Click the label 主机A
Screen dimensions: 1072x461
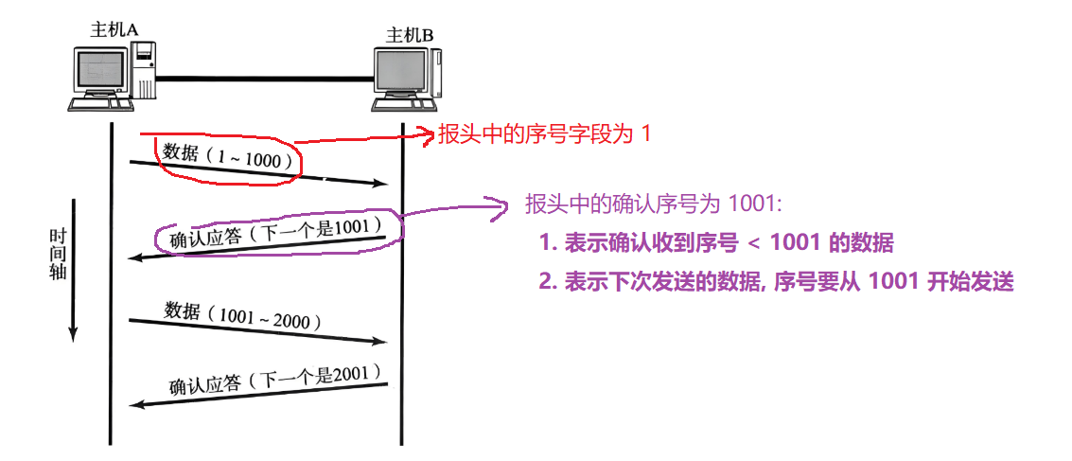click(114, 29)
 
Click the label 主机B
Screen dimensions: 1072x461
click(410, 36)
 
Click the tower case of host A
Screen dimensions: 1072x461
click(143, 70)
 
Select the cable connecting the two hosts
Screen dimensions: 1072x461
click(265, 77)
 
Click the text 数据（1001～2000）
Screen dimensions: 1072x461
click(243, 315)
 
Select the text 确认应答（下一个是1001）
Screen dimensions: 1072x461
click(274, 233)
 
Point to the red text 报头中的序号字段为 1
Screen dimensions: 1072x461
click(544, 134)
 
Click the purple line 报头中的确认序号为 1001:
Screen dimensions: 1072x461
click(653, 205)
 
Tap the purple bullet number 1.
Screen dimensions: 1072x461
click(545, 244)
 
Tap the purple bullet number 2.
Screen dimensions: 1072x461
click(546, 282)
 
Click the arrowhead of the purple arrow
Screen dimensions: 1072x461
click(502, 202)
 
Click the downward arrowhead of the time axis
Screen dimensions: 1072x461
click(73, 332)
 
